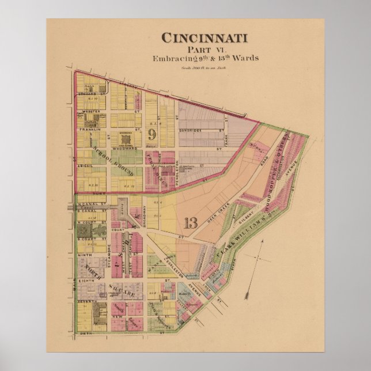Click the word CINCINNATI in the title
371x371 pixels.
(205, 38)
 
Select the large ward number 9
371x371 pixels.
(152, 135)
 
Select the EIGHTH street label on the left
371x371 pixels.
(86, 281)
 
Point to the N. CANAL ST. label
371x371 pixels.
(92, 204)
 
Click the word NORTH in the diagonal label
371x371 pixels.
(92, 271)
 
